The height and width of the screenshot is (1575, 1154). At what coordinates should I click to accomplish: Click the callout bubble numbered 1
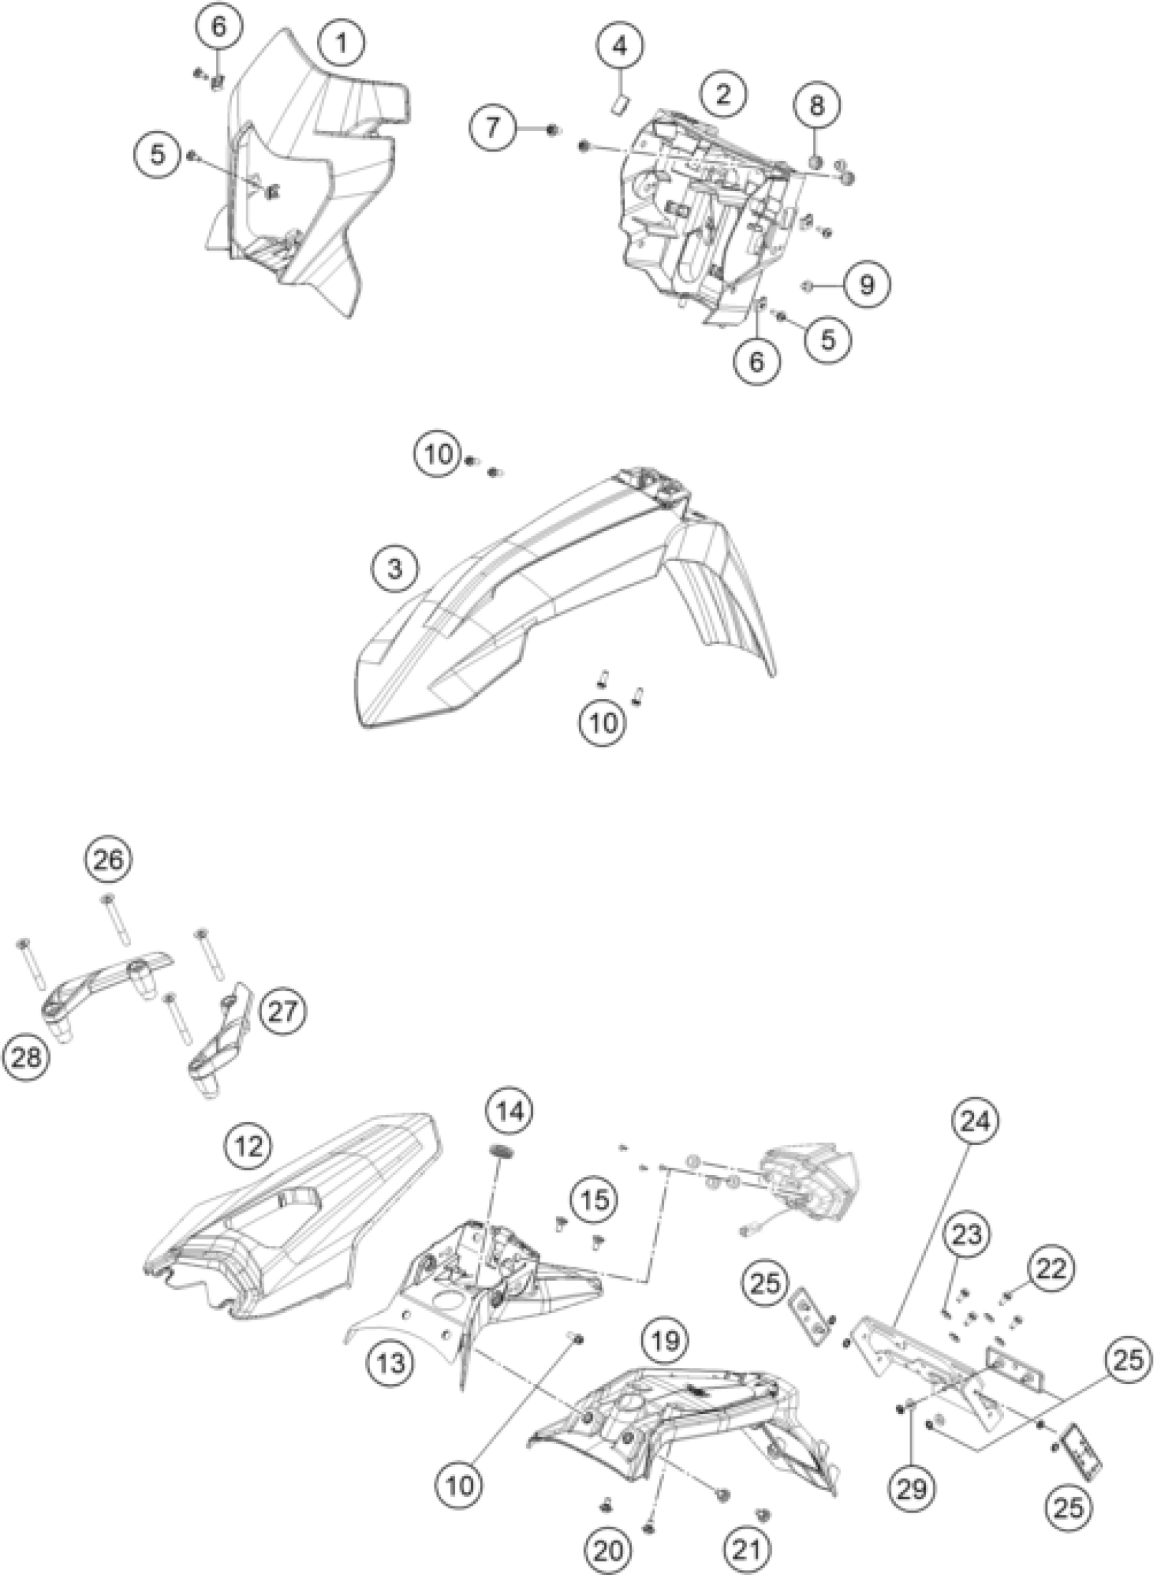[x=341, y=43]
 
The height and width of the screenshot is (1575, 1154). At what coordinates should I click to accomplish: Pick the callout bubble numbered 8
[x=817, y=105]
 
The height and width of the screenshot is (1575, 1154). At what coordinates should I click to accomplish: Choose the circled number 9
[x=866, y=285]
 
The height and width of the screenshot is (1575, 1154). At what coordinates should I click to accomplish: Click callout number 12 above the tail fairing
[x=249, y=1145]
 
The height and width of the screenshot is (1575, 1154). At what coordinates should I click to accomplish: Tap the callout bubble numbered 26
[x=109, y=859]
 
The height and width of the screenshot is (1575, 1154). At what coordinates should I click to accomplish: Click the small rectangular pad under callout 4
[x=620, y=105]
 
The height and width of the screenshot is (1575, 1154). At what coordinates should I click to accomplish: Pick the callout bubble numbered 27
[x=282, y=1011]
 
